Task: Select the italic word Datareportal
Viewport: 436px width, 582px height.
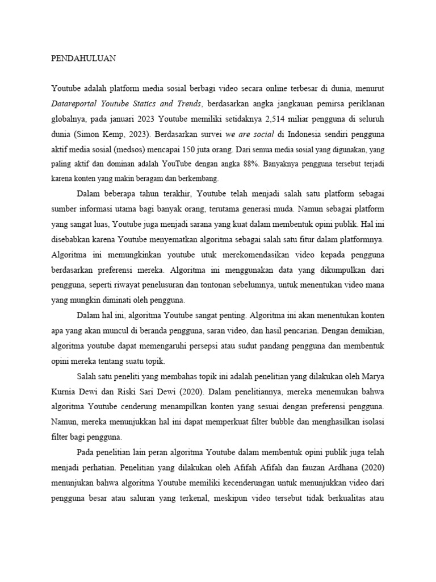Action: (76, 104)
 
